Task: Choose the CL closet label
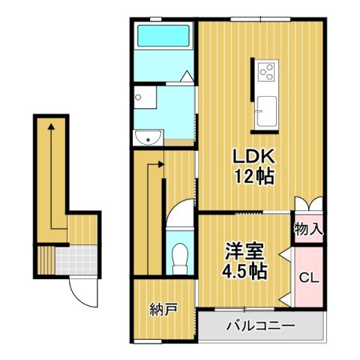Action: [x=308, y=277]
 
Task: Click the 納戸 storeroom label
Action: [x=163, y=308]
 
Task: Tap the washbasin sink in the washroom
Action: [x=150, y=137]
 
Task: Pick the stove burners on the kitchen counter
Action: [x=267, y=72]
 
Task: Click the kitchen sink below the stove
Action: [x=267, y=112]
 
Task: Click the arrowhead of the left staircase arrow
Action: [x=50, y=128]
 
